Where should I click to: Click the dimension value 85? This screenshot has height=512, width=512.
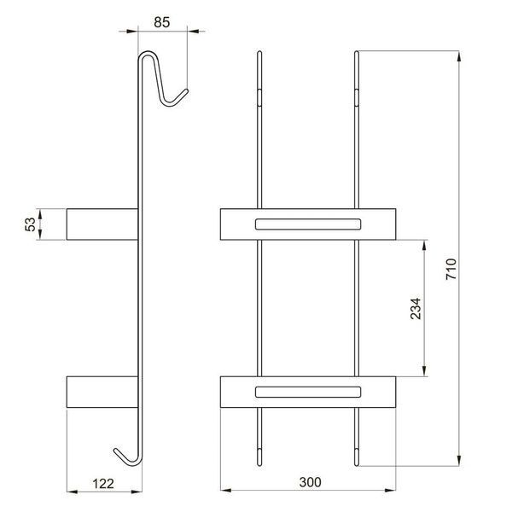162,22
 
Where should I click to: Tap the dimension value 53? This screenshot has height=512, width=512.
30,224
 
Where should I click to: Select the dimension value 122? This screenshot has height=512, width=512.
103,484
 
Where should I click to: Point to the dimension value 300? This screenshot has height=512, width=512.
311,482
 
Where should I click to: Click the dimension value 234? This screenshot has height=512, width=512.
416,309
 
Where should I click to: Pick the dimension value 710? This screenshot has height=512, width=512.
451,269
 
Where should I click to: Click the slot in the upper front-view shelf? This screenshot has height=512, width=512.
308,224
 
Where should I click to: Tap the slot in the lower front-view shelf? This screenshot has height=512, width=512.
308,392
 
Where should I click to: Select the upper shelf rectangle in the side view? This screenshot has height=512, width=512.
102,224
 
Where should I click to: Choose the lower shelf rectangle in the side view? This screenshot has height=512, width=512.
102,392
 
